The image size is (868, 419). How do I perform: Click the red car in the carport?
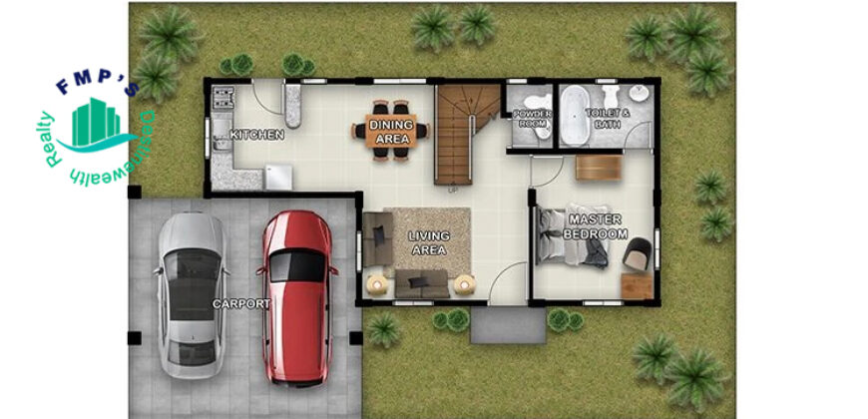298,297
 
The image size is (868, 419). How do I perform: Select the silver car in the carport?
192,295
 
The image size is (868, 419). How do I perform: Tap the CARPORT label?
241,304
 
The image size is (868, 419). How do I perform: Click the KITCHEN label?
256,135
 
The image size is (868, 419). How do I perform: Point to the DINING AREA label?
392,132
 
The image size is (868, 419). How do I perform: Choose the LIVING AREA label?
429,243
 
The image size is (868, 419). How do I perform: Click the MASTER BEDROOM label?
595,226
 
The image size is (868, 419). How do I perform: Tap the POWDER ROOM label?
532,120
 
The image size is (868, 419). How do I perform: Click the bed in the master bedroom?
572,236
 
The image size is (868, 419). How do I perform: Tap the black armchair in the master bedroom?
638,254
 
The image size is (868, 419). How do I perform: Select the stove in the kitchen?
223,98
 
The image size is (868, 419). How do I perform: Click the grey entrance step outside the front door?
508,325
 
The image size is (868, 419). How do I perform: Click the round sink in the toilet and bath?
640,94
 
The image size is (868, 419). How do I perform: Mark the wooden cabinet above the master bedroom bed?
599,168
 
